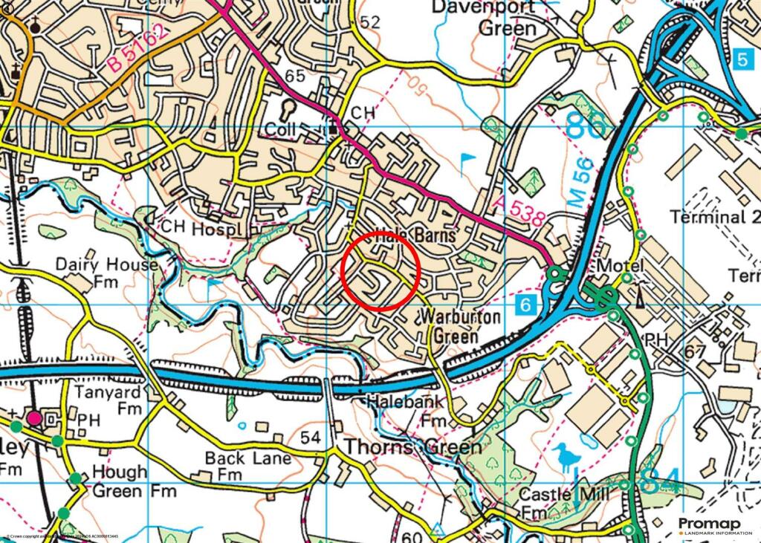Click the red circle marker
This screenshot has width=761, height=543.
(x=381, y=270)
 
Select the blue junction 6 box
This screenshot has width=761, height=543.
(x=525, y=304)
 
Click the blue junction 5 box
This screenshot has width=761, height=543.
(x=744, y=59)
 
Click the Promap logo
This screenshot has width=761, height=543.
(x=714, y=525)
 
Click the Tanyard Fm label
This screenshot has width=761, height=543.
(x=108, y=400)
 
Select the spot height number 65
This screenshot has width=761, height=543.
(x=295, y=76)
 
